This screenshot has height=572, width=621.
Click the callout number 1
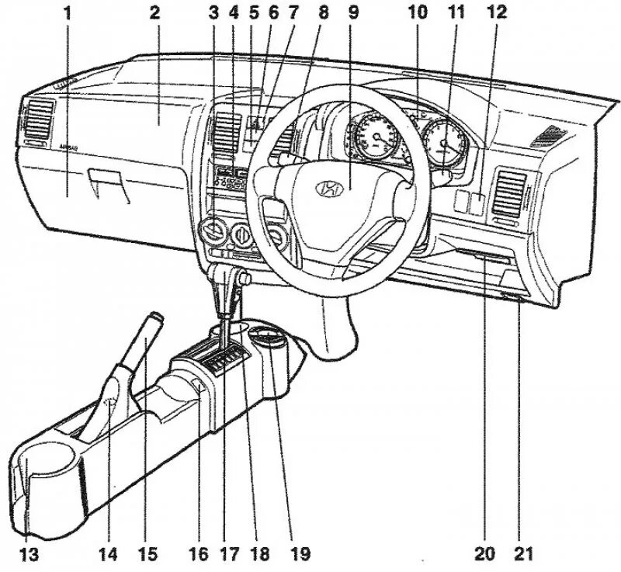point(68,12)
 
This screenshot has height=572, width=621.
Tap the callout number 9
point(354,12)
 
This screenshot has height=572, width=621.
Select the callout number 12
point(498,12)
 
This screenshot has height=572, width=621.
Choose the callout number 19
point(300,554)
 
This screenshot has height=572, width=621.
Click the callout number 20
point(485,554)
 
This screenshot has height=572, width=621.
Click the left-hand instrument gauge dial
point(376,140)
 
